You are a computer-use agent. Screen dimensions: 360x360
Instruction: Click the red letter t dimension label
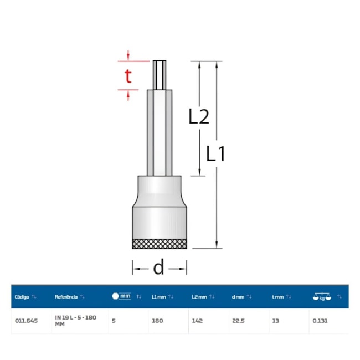pos(128,76)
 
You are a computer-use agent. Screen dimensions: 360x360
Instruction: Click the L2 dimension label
pos(199,117)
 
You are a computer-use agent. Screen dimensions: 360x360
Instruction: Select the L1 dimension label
pos(215,153)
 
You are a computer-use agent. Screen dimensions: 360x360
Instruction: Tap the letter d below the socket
pos(158,268)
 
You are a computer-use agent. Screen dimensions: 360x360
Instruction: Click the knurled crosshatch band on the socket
pos(160,244)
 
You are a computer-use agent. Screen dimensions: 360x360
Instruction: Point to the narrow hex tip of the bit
pos(160,75)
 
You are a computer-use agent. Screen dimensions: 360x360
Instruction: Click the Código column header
pos(22,297)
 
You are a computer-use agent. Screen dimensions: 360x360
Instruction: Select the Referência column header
pos(66,297)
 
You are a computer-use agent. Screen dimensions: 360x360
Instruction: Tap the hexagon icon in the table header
pos(115,296)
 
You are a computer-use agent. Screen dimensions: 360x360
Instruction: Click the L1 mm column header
pos(158,297)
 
